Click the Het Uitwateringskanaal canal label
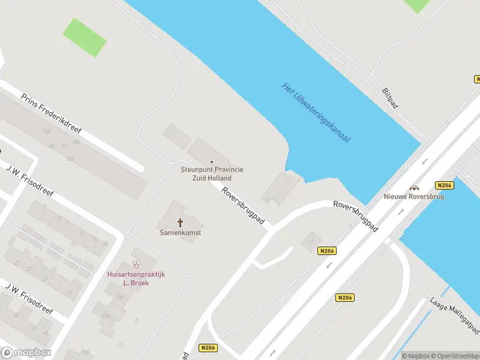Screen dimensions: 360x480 [316, 113]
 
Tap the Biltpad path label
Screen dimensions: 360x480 [390, 99]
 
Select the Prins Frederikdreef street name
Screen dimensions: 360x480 [51, 113]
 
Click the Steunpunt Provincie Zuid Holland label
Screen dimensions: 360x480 [212, 174]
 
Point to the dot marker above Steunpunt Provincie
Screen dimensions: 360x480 [212, 162]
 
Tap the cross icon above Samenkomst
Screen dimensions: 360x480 [180, 223]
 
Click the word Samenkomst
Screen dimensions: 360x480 [180, 232]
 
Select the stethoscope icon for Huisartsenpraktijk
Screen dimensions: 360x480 [136, 264]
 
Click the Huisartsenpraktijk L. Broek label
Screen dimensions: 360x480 [136, 278]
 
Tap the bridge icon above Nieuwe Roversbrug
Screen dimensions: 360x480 [414, 188]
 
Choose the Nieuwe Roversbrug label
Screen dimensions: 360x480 [414, 197]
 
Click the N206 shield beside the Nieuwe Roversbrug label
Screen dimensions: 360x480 [445, 185]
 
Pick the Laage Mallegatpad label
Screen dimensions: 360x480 [455, 316]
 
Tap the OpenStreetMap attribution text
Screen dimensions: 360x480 [454, 356]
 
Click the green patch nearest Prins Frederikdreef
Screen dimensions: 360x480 [85, 37]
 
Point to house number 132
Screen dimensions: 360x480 [70, 158]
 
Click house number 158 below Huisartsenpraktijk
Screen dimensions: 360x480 [107, 316]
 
